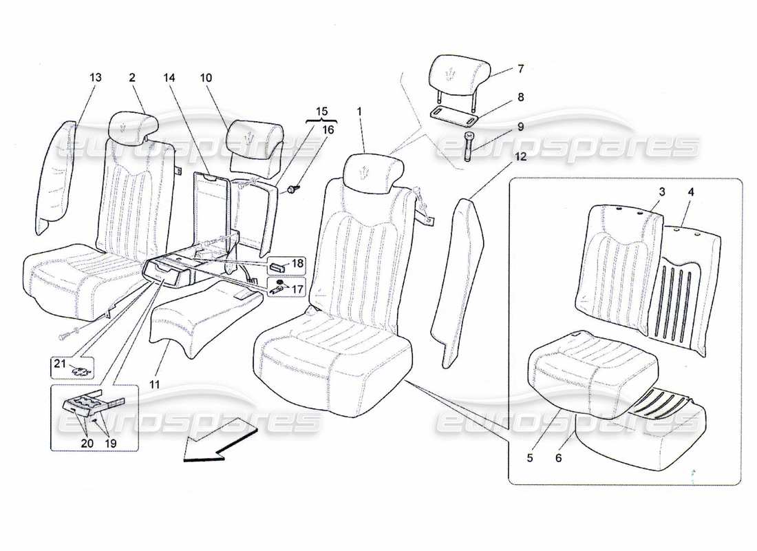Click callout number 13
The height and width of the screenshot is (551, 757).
95,77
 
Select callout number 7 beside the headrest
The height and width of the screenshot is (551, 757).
521,69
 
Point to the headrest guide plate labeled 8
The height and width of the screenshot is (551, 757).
454,113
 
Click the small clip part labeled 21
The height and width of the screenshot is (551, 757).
81,371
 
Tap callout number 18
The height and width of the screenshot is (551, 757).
297,263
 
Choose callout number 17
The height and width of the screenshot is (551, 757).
297,290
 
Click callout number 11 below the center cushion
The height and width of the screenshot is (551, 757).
155,384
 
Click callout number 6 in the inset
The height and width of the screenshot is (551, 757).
558,457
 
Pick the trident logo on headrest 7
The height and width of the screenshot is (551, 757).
451,73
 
